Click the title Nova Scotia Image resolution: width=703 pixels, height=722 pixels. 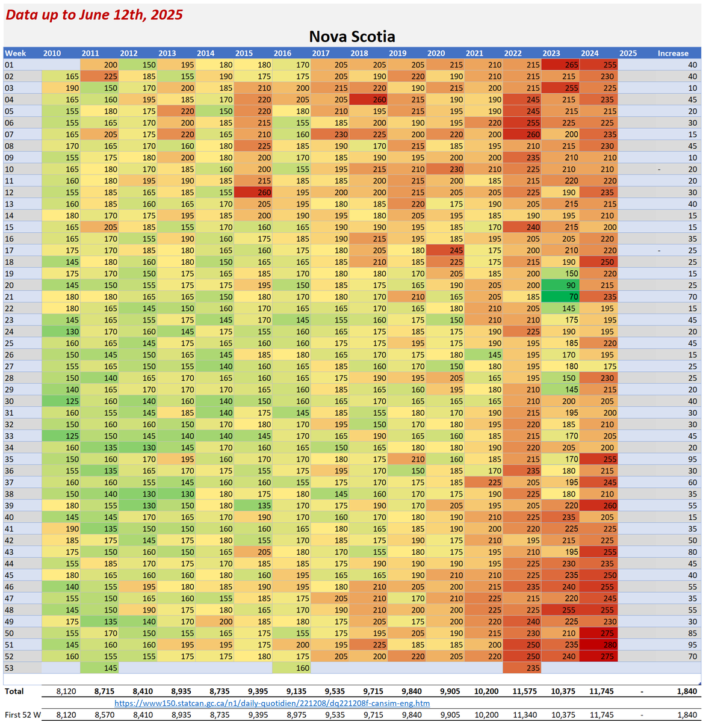(x=352, y=36)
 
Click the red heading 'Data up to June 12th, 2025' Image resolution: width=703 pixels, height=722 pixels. (x=94, y=15)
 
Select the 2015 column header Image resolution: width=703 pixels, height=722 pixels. (x=244, y=53)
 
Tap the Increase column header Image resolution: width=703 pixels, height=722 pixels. (x=672, y=53)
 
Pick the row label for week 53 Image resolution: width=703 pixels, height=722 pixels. (x=10, y=668)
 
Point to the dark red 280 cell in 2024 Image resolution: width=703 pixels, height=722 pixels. (x=598, y=645)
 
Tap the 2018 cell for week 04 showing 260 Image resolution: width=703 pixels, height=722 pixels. (x=368, y=100)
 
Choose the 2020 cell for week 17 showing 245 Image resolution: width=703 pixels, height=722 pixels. (x=445, y=250)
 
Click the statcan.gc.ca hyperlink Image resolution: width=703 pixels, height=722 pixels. (x=272, y=703)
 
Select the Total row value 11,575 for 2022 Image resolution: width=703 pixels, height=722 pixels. (x=524, y=691)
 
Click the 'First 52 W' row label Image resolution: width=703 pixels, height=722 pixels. (x=23, y=715)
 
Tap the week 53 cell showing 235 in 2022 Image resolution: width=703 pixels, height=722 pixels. (x=522, y=668)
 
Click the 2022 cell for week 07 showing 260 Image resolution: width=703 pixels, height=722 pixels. (x=522, y=135)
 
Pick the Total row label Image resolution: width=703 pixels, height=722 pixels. (x=14, y=691)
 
